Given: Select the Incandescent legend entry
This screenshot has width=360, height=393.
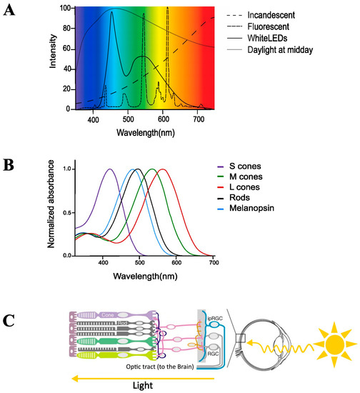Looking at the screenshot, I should pyautogui.click(x=283, y=15).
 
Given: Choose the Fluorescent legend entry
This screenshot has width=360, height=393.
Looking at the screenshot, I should pyautogui.click(x=279, y=27).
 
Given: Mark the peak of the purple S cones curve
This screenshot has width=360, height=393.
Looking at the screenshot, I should pyautogui.click(x=110, y=169).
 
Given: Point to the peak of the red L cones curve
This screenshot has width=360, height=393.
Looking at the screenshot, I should pyautogui.click(x=163, y=169).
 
